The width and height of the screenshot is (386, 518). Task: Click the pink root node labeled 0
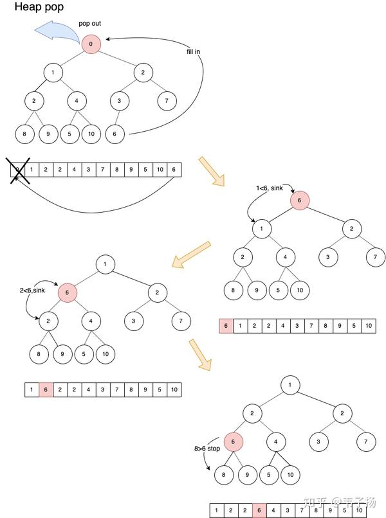(91, 44)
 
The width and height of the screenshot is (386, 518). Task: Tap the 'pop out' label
(90, 24)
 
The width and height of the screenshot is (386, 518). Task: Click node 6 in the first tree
(115, 134)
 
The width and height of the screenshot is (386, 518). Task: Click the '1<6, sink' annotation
(270, 188)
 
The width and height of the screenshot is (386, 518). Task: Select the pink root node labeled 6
(299, 201)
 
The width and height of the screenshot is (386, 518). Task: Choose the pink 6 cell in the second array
(226, 326)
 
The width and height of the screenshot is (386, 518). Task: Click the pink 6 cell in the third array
(46, 389)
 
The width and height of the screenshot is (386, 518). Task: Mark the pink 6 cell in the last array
(260, 510)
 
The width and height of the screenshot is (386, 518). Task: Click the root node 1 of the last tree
(290, 385)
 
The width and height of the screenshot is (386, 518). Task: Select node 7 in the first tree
(167, 101)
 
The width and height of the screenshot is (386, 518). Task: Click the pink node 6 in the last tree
(234, 442)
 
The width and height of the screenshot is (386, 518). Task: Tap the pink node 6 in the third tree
(68, 293)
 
